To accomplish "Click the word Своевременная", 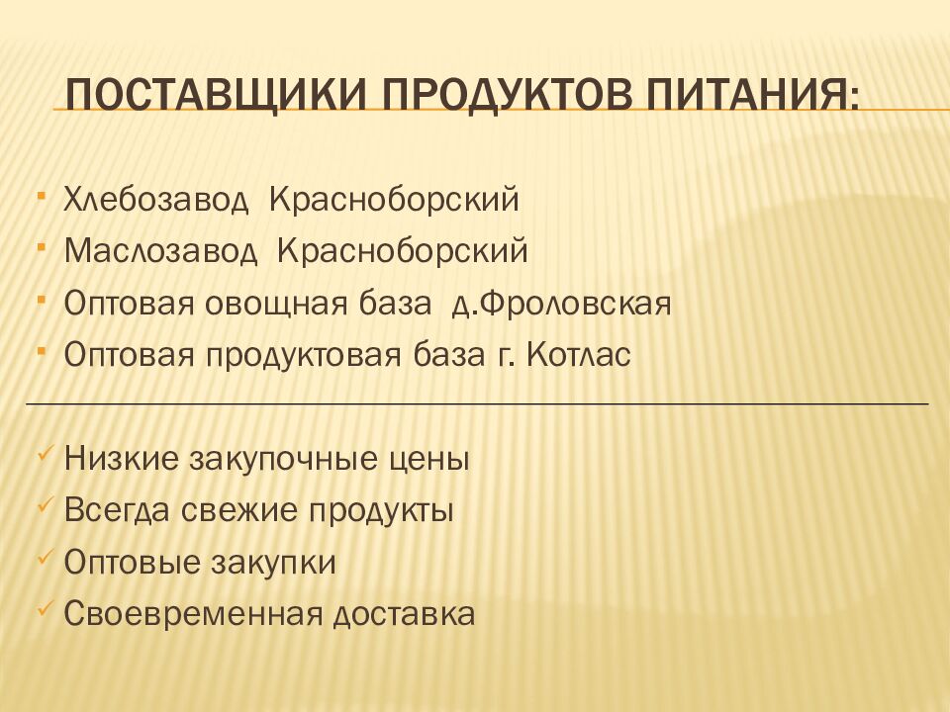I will [195, 614].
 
